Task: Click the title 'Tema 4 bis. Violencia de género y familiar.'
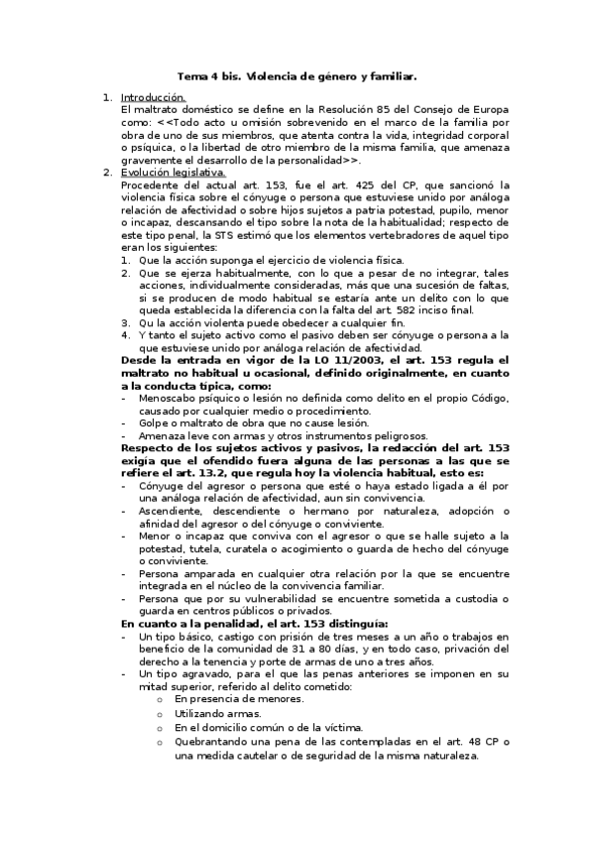[297, 74]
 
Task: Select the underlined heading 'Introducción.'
[153, 97]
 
